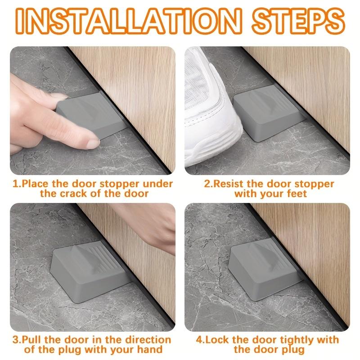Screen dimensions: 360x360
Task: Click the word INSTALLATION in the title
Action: click(x=129, y=21)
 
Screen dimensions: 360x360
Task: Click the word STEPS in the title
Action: click(x=298, y=21)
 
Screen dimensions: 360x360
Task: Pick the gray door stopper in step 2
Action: click(x=269, y=112)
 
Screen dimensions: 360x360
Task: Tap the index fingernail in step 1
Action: click(x=93, y=144)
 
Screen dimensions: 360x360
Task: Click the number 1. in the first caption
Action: click(x=17, y=184)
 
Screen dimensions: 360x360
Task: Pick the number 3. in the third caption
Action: click(x=17, y=340)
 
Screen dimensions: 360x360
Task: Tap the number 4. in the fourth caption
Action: click(x=200, y=340)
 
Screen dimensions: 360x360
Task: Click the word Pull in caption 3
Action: click(x=32, y=340)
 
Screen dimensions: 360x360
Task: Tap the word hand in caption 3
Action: click(x=150, y=350)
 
